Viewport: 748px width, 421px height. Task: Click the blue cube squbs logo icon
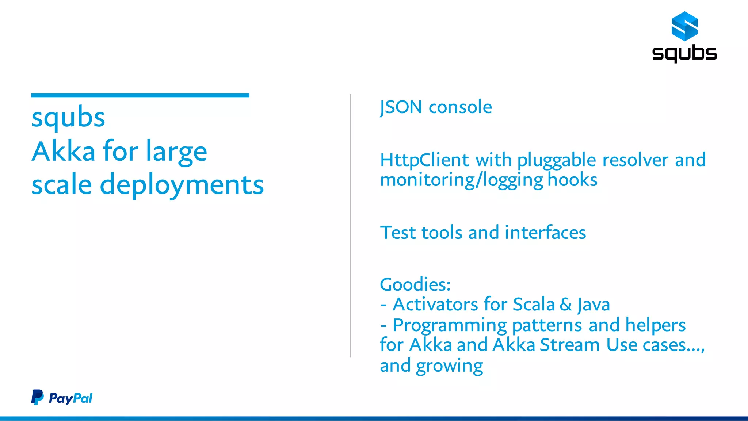[684, 26]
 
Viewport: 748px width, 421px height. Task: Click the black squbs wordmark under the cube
[684, 53]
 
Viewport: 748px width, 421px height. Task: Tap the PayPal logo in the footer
[62, 398]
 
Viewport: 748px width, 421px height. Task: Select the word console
[460, 107]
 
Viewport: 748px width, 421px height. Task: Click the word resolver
[636, 160]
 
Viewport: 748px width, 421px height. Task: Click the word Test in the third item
[398, 233]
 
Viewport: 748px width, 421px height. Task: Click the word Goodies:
[415, 284]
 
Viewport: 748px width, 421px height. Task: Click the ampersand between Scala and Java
[566, 305]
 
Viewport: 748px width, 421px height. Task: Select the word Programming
[450, 325]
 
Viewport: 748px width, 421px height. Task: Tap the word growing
[449, 366]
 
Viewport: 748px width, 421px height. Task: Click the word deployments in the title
[182, 185]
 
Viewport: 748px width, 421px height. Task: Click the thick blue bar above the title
[140, 96]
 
